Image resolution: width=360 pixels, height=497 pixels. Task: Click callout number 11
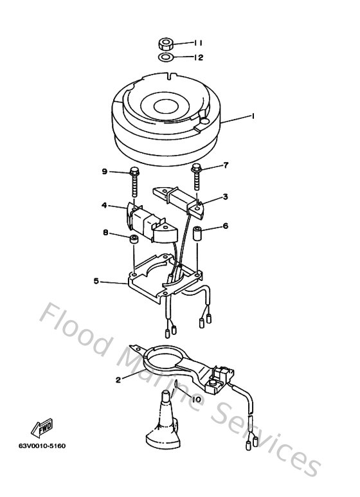(198, 43)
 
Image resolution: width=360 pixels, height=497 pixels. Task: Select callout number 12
(198, 58)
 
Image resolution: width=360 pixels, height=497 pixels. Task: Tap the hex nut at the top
(165, 45)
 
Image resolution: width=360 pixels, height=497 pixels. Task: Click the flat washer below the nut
(165, 59)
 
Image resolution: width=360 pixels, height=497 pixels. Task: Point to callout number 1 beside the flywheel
(253, 116)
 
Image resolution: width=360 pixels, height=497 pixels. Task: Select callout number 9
(104, 171)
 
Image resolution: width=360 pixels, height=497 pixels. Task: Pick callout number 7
(226, 166)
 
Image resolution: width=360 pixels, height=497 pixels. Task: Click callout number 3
(226, 197)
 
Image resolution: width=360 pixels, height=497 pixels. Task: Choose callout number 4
(104, 206)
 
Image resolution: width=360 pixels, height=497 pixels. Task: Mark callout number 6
(226, 226)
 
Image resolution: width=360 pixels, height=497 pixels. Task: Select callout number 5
(96, 281)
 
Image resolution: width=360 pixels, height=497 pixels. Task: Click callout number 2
(118, 379)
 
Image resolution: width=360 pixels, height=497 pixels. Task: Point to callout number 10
(195, 399)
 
